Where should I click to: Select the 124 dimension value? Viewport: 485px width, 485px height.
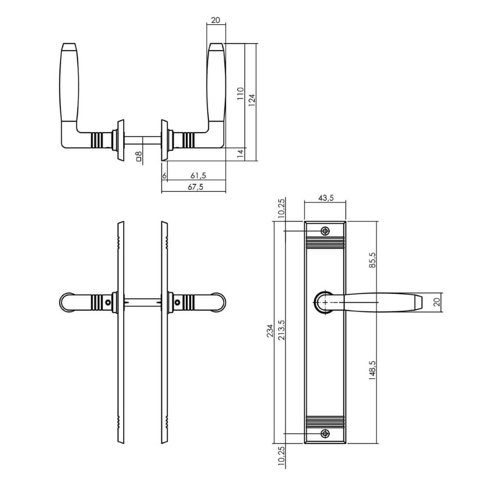(x=252, y=98)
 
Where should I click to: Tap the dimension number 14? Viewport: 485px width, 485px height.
(x=240, y=154)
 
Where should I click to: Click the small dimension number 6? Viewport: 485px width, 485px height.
(x=164, y=176)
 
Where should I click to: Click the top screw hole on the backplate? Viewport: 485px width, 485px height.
(x=325, y=230)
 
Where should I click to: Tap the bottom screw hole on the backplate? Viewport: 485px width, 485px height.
(x=325, y=433)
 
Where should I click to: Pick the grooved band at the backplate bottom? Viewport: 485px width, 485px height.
(x=325, y=420)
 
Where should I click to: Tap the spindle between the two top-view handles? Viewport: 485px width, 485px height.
(x=144, y=139)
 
